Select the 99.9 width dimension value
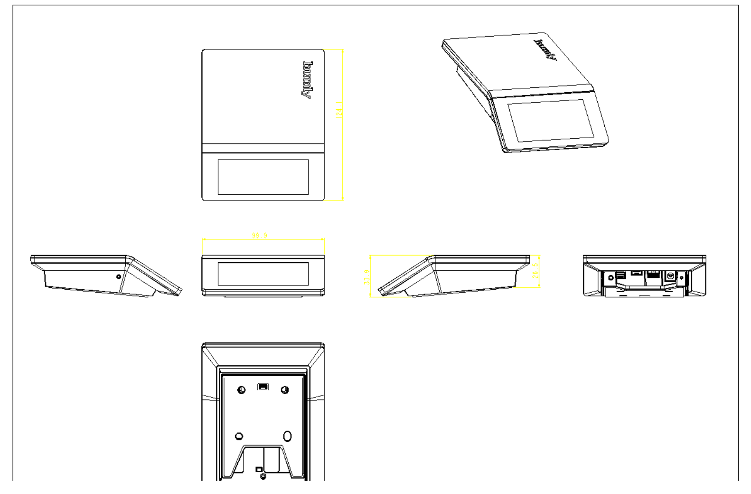click(x=259, y=235)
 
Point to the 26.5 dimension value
click(x=535, y=271)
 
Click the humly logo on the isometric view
click(x=546, y=50)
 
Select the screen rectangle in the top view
click(x=263, y=177)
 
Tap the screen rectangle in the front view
click(x=263, y=274)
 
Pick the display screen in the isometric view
click(x=551, y=121)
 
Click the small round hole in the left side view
click(x=119, y=276)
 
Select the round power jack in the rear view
click(x=670, y=275)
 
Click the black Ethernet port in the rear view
click(x=654, y=275)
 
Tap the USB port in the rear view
click(x=620, y=275)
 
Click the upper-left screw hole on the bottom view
click(x=241, y=390)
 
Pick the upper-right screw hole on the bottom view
click(x=285, y=390)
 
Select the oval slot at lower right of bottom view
click(x=287, y=436)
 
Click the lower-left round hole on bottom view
click(x=239, y=436)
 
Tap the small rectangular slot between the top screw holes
click(x=263, y=387)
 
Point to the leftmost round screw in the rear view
click(x=611, y=276)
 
